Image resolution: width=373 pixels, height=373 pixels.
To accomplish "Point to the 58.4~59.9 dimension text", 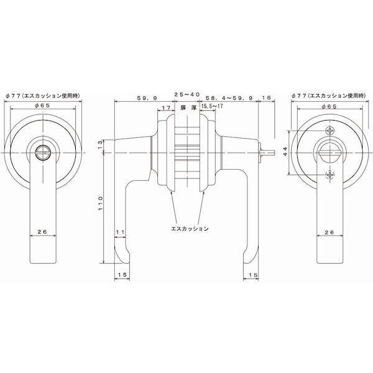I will [229, 98].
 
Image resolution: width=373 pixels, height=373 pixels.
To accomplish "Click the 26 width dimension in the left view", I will [43, 232].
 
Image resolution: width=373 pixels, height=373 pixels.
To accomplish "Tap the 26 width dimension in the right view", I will [329, 232].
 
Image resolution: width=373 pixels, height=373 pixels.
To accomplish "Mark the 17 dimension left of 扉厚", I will [165, 108].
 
